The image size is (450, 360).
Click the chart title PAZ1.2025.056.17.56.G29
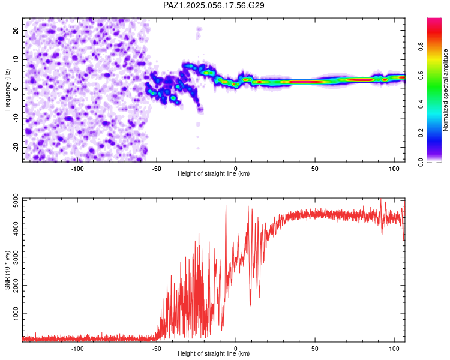[214, 5]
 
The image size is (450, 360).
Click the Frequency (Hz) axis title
[7, 90]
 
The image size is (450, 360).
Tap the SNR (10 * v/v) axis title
[7, 270]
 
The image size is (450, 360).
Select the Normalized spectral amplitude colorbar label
[445, 90]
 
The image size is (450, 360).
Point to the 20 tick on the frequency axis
[16, 30]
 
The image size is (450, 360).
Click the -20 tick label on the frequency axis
[16, 147]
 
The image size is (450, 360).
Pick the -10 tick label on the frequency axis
[16, 118]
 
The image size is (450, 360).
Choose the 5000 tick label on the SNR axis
[16, 200]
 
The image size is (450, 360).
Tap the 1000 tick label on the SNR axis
[16, 313]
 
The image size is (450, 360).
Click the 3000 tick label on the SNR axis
[16, 257]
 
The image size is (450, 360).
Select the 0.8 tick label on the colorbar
[421, 47]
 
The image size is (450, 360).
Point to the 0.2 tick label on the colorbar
[421, 133]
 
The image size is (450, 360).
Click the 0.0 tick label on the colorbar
[421, 162]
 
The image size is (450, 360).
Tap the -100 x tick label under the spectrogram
[77, 169]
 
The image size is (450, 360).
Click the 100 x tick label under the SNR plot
[394, 349]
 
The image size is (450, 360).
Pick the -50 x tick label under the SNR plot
[157, 349]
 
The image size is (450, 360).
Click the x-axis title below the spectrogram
[214, 173]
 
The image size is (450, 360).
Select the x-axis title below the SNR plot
[214, 353]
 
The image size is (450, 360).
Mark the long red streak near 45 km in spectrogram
[305, 82]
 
